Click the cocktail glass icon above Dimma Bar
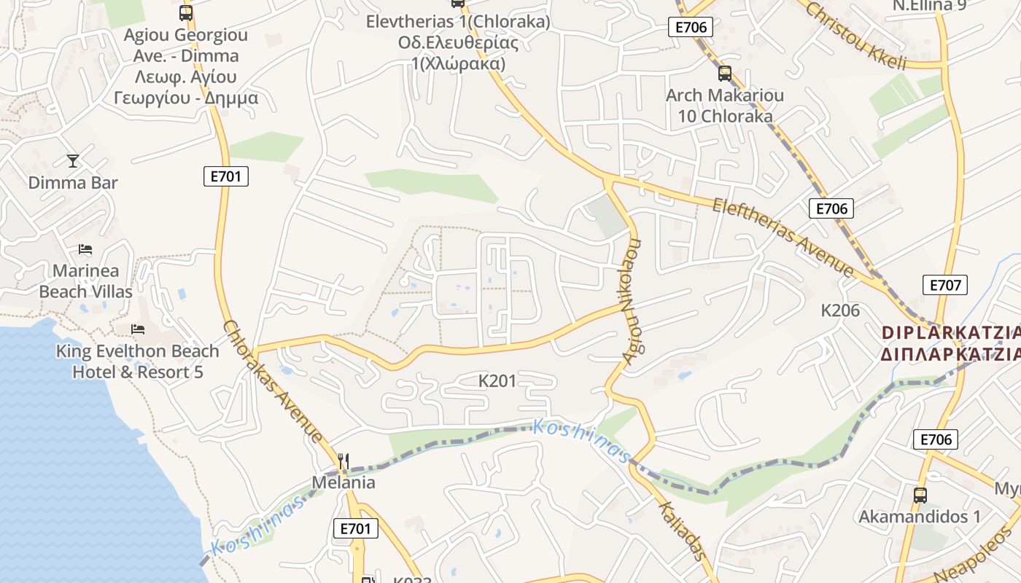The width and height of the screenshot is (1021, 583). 73,160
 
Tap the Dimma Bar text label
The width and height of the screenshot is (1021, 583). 73,183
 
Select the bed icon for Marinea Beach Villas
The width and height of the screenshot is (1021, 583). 85,249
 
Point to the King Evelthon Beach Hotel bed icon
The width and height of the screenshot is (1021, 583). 137,329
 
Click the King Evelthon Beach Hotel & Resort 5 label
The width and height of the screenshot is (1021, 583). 138,361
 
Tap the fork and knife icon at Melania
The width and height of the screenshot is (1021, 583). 343,461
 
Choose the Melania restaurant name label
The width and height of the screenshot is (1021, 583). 343,482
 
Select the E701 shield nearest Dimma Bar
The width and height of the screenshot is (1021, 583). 225,176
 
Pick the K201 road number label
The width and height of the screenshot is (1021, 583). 497,380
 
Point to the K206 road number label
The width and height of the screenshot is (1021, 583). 840,310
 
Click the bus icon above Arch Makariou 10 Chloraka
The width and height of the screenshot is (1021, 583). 724,74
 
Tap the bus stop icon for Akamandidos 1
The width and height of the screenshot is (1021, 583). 920,496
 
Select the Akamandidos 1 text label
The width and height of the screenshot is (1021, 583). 920,517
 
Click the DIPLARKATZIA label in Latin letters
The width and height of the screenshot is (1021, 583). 951,333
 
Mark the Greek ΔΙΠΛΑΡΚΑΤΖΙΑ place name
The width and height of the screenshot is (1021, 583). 951,354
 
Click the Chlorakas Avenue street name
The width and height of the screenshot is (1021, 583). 273,381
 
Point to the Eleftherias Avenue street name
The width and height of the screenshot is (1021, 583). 784,238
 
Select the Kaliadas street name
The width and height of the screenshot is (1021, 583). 683,531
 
